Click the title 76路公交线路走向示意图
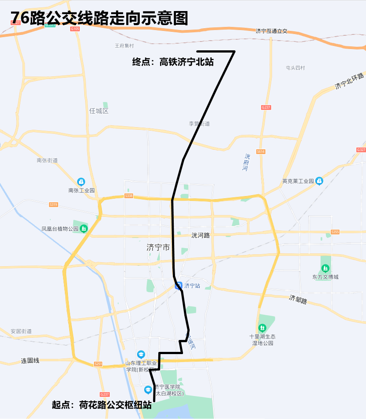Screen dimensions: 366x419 [x=99, y=19]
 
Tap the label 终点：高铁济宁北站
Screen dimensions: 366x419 [x=173, y=62]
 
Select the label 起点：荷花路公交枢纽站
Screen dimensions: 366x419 [x=102, y=404]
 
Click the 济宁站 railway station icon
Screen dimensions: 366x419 [x=179, y=285]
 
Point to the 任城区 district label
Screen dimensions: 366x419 [x=99, y=111]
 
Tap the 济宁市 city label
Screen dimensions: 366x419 [x=158, y=248]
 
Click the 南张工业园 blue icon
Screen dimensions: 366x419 [x=81, y=181]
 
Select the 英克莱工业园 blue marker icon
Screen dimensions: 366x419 [x=319, y=181]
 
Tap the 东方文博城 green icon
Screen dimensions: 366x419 [x=325, y=268]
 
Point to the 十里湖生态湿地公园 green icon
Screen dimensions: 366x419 [x=263, y=328]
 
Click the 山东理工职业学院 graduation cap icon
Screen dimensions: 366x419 [x=141, y=354]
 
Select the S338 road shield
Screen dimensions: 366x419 [x=129, y=196]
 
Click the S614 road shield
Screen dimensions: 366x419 [x=261, y=151]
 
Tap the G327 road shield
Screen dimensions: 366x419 [x=361, y=150]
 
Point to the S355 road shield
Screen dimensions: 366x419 [x=335, y=232]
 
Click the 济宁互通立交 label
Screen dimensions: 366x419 [x=271, y=31]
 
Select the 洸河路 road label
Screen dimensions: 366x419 [x=201, y=235]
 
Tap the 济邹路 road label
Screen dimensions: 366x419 [x=298, y=300]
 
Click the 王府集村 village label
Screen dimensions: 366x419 [x=124, y=45]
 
